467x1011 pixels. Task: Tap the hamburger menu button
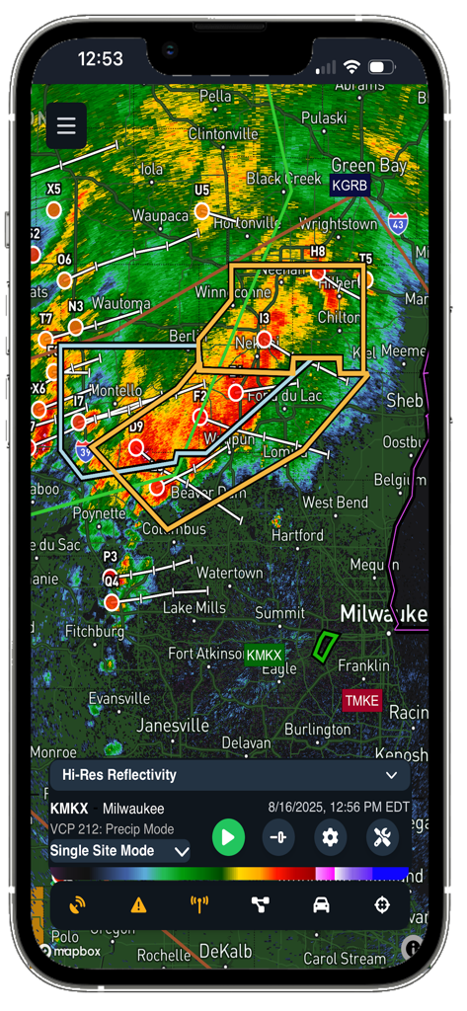[66, 125]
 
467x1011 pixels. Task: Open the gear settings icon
[330, 838]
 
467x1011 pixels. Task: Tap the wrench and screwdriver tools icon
[382, 838]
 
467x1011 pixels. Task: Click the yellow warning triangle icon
[138, 904]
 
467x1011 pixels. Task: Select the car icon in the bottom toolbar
[321, 904]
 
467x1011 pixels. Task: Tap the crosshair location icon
[382, 904]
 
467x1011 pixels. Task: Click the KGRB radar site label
[350, 186]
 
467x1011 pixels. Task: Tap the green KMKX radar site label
[264, 655]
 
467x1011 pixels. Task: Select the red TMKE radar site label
[361, 701]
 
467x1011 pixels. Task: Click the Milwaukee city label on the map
[383, 614]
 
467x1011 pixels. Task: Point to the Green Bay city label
[368, 165]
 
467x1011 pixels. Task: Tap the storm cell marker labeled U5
[201, 210]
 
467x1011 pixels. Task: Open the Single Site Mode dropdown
[119, 850]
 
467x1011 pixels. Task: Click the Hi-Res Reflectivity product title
[119, 775]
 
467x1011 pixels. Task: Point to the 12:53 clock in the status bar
[100, 59]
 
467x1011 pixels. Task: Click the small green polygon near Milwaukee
[324, 646]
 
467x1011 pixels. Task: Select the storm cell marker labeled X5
[53, 209]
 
